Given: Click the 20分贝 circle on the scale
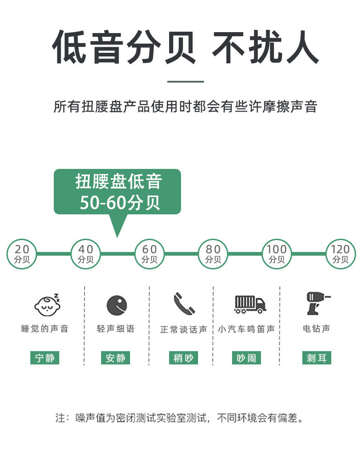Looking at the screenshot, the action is (x=22, y=254).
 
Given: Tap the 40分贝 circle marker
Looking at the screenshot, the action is (x=85, y=254).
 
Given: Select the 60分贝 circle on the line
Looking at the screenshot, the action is (x=149, y=254).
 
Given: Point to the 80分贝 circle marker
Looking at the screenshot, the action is (x=213, y=254).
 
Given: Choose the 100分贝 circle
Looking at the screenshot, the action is (x=277, y=254).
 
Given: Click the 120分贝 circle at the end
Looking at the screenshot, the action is (x=340, y=254).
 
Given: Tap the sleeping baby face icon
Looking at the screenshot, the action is (x=48, y=304).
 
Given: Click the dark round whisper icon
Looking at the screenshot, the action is (x=117, y=305).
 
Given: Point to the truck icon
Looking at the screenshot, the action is (x=250, y=304).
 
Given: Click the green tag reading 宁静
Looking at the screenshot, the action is (x=45, y=358).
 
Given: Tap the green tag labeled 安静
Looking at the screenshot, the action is (x=115, y=358).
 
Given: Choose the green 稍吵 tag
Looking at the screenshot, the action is (x=183, y=358).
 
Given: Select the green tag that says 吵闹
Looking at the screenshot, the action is (x=246, y=358).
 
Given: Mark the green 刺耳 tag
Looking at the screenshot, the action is (x=317, y=358).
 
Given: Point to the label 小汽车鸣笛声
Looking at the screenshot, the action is (x=246, y=329).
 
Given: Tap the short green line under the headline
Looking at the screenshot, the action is (x=185, y=82).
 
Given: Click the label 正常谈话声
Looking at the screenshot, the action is (x=183, y=330).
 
